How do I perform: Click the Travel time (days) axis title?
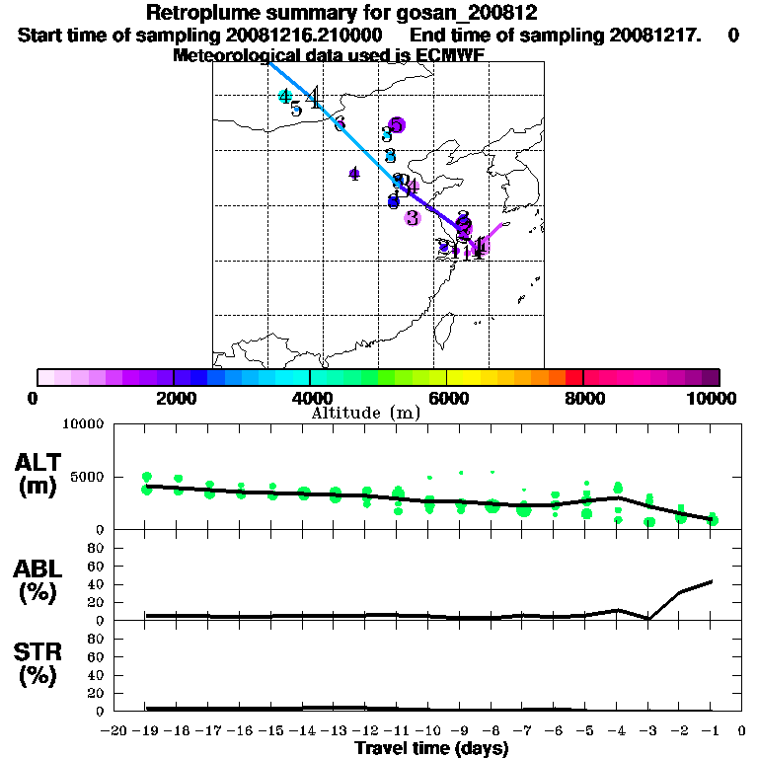pos(431,748)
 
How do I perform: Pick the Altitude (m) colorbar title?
pos(365,413)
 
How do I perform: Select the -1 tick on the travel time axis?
pos(711,731)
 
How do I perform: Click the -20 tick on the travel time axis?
pos(114,731)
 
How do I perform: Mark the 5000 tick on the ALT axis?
pos(90,480)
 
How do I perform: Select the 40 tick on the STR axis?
pos(97,675)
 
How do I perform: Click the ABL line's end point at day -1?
pos(711,581)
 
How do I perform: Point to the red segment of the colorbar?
pos(573,377)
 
